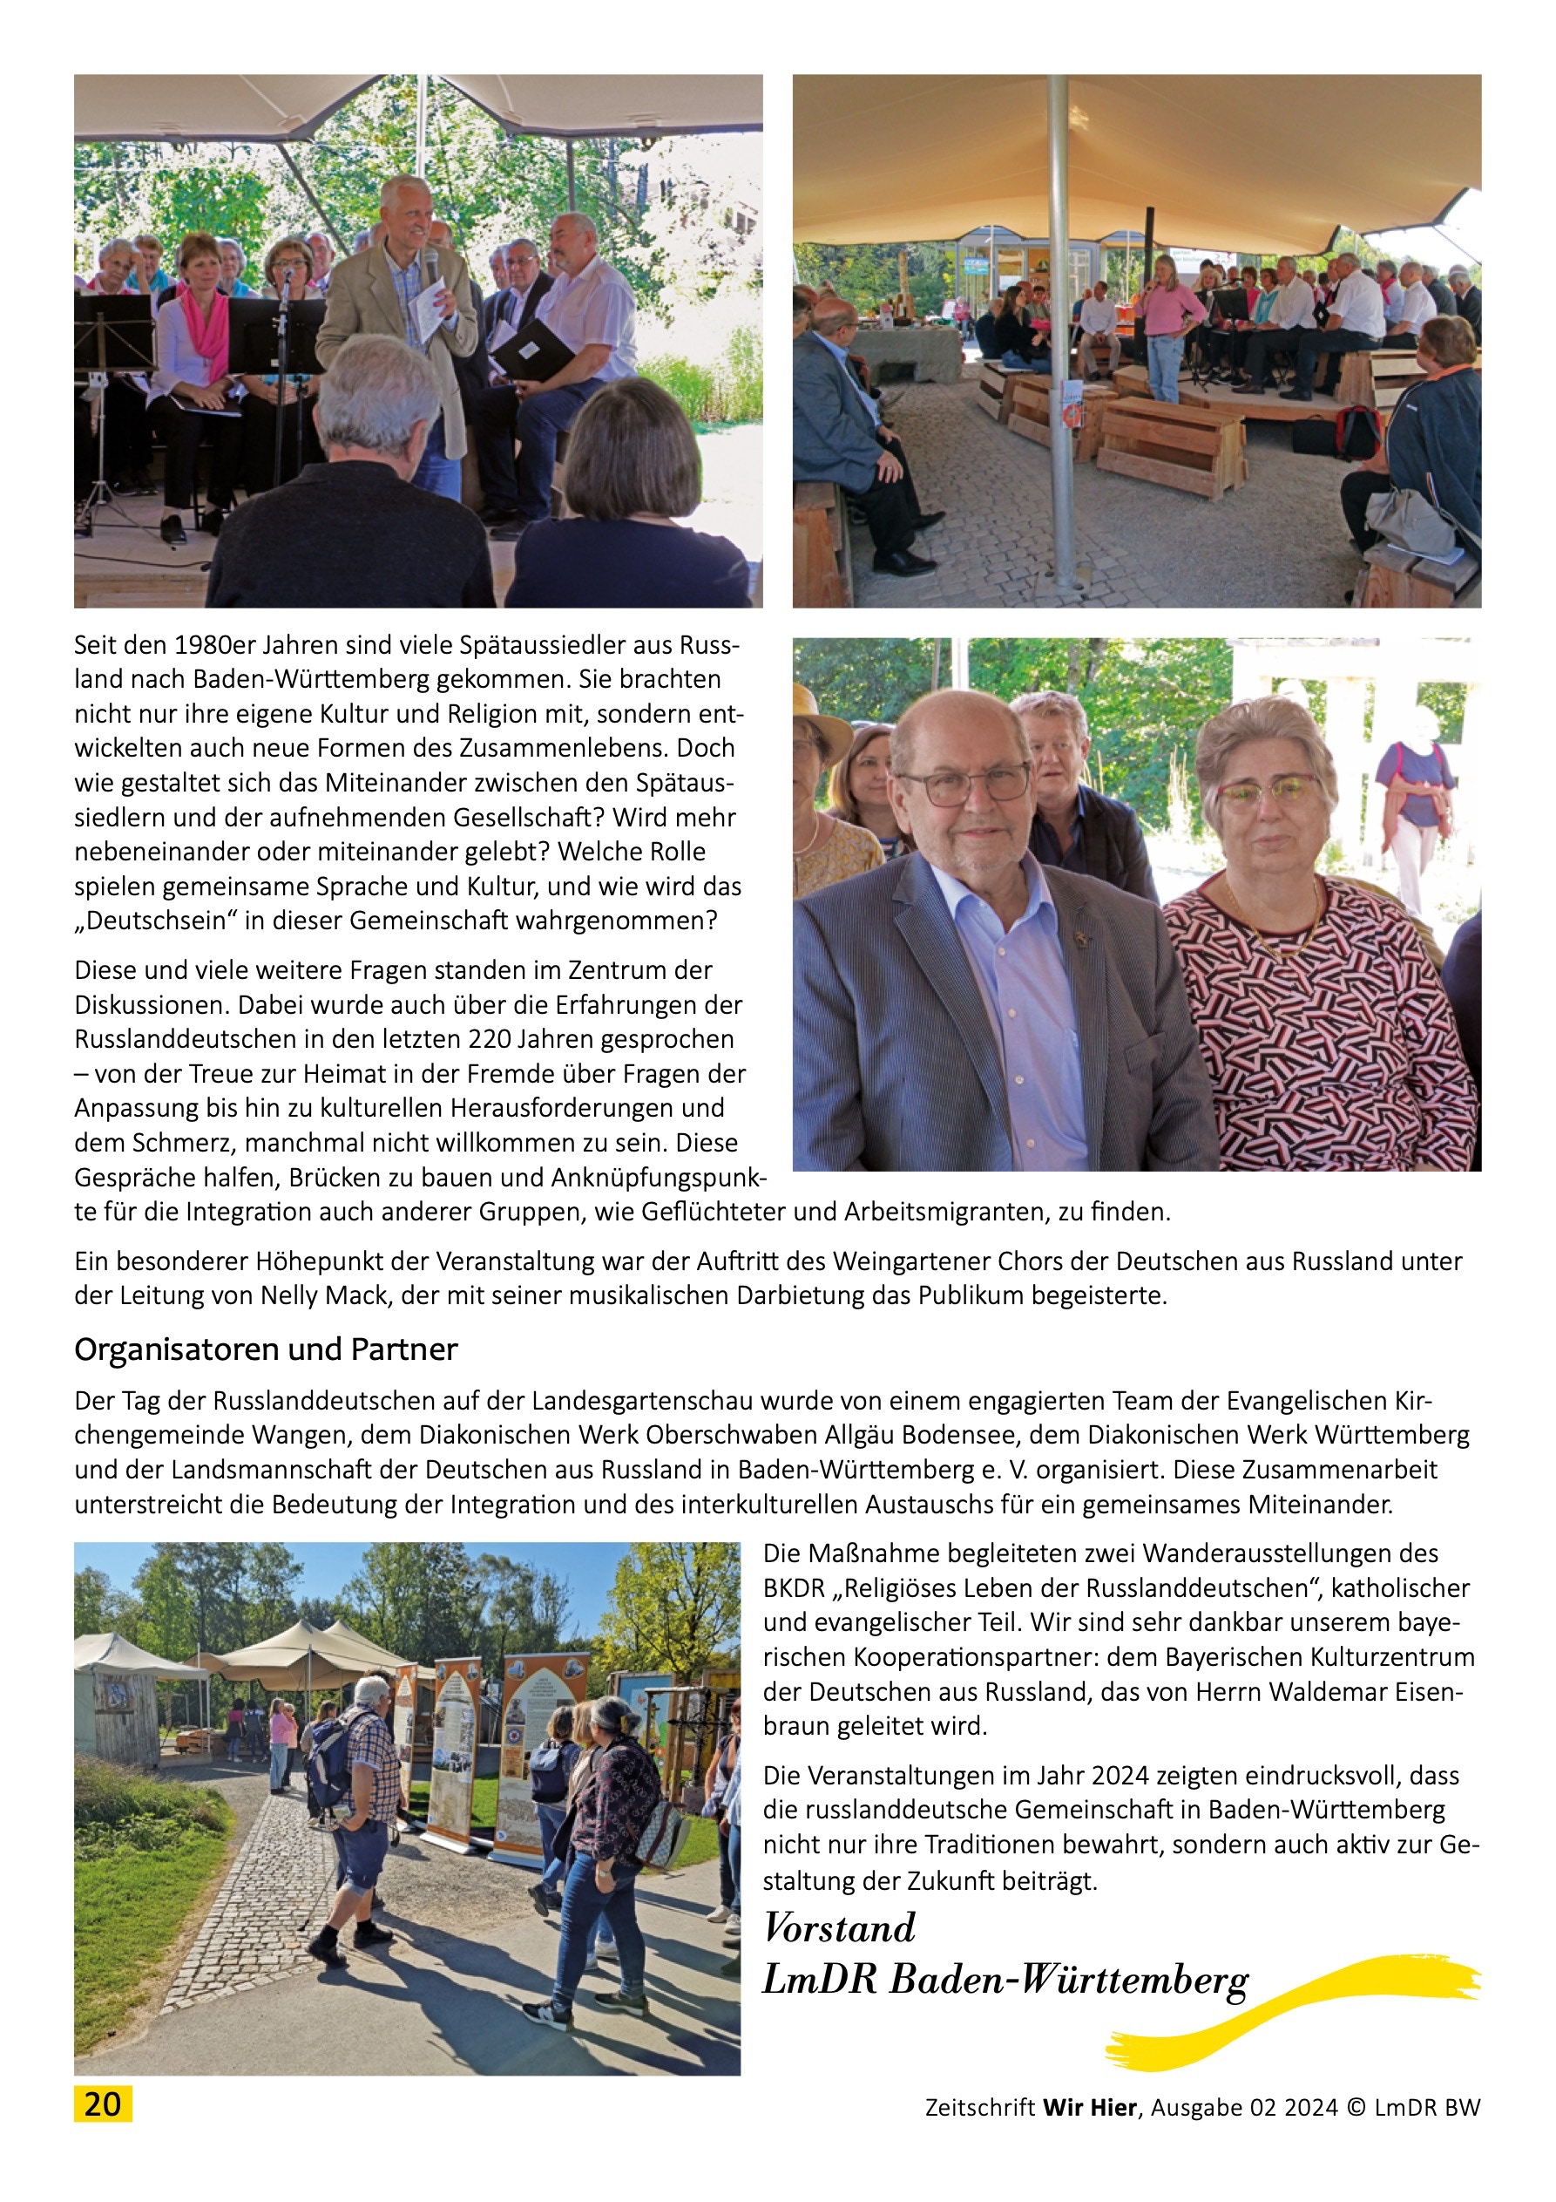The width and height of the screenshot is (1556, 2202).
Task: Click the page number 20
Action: [103, 2103]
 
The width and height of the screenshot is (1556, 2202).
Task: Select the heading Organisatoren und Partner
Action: [266, 1349]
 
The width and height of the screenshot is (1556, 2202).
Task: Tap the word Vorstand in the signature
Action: [839, 1927]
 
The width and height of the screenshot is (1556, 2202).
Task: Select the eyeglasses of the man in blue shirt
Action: [964, 785]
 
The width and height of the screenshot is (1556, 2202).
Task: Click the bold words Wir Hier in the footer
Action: [1089, 2107]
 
